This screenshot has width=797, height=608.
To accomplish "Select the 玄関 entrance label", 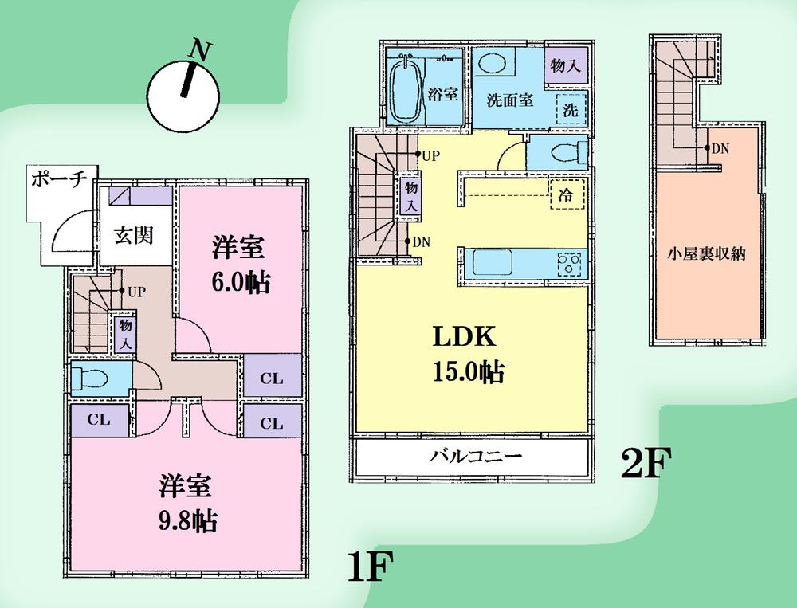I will tap(133, 236).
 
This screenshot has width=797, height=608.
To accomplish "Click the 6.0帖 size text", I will tap(238, 284).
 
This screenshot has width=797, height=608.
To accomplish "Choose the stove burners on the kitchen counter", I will tap(571, 264).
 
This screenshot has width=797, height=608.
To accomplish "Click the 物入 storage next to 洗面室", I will tap(565, 65).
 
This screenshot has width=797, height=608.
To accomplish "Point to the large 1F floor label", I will tap(370, 567).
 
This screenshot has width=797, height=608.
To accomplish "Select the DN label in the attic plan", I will tap(719, 148).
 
